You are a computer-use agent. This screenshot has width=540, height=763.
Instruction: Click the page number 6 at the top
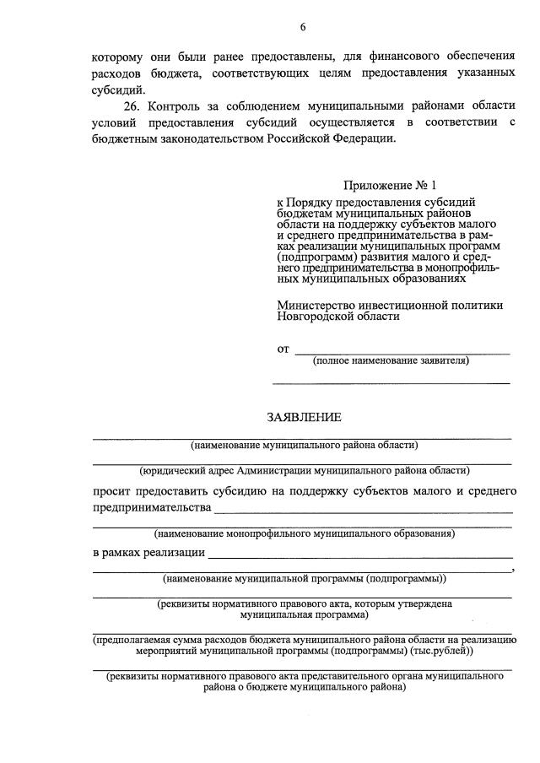click(302, 28)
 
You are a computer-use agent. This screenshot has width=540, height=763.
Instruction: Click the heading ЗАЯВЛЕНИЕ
click(304, 417)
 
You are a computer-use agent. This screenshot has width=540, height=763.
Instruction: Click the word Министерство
click(321, 306)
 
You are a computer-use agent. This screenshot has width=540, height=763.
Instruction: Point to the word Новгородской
click(314, 317)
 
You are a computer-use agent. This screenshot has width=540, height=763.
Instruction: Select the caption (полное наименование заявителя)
click(391, 361)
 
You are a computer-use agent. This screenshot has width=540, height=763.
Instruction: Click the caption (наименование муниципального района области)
click(304, 445)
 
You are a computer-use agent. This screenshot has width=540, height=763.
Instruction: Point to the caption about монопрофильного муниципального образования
click(304, 533)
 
